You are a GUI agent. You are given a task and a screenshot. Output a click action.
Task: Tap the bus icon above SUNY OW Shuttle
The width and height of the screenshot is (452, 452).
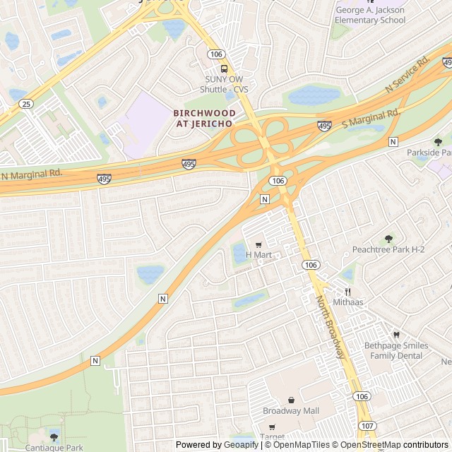click(224, 69)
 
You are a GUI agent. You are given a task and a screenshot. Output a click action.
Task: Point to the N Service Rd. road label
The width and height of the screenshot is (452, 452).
click(408, 74)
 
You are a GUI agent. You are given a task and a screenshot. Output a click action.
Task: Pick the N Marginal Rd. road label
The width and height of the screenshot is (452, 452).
click(32, 174)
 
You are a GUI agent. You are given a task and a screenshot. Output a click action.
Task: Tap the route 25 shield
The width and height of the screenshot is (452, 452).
click(27, 104)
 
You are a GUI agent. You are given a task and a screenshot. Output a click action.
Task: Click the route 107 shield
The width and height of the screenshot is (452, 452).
click(367, 426)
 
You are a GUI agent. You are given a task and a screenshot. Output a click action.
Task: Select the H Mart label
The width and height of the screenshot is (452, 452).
click(258, 254)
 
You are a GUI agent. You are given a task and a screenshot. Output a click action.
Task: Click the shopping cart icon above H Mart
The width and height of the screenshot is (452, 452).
click(258, 244)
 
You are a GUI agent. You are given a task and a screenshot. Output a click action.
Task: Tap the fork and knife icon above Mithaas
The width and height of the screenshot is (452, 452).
click(347, 292)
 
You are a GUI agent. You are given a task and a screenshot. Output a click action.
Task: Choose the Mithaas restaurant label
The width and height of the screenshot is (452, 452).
click(347, 302)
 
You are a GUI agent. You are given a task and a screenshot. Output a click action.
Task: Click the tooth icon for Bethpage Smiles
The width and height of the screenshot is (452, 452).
click(395, 335)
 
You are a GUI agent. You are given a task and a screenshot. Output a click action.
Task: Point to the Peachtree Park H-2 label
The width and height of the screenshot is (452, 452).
click(388, 250)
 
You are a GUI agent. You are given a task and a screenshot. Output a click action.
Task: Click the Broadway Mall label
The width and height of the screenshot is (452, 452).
click(291, 411)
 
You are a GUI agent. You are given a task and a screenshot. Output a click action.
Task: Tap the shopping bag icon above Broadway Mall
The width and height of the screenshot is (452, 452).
click(291, 400)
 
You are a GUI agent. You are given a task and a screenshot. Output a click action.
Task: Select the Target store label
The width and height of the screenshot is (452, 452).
click(272, 427)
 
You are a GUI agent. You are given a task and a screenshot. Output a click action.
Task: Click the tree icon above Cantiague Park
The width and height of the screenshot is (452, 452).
click(54, 437)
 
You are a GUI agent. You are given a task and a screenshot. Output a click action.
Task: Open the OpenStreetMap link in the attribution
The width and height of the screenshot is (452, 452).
click(371, 445)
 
